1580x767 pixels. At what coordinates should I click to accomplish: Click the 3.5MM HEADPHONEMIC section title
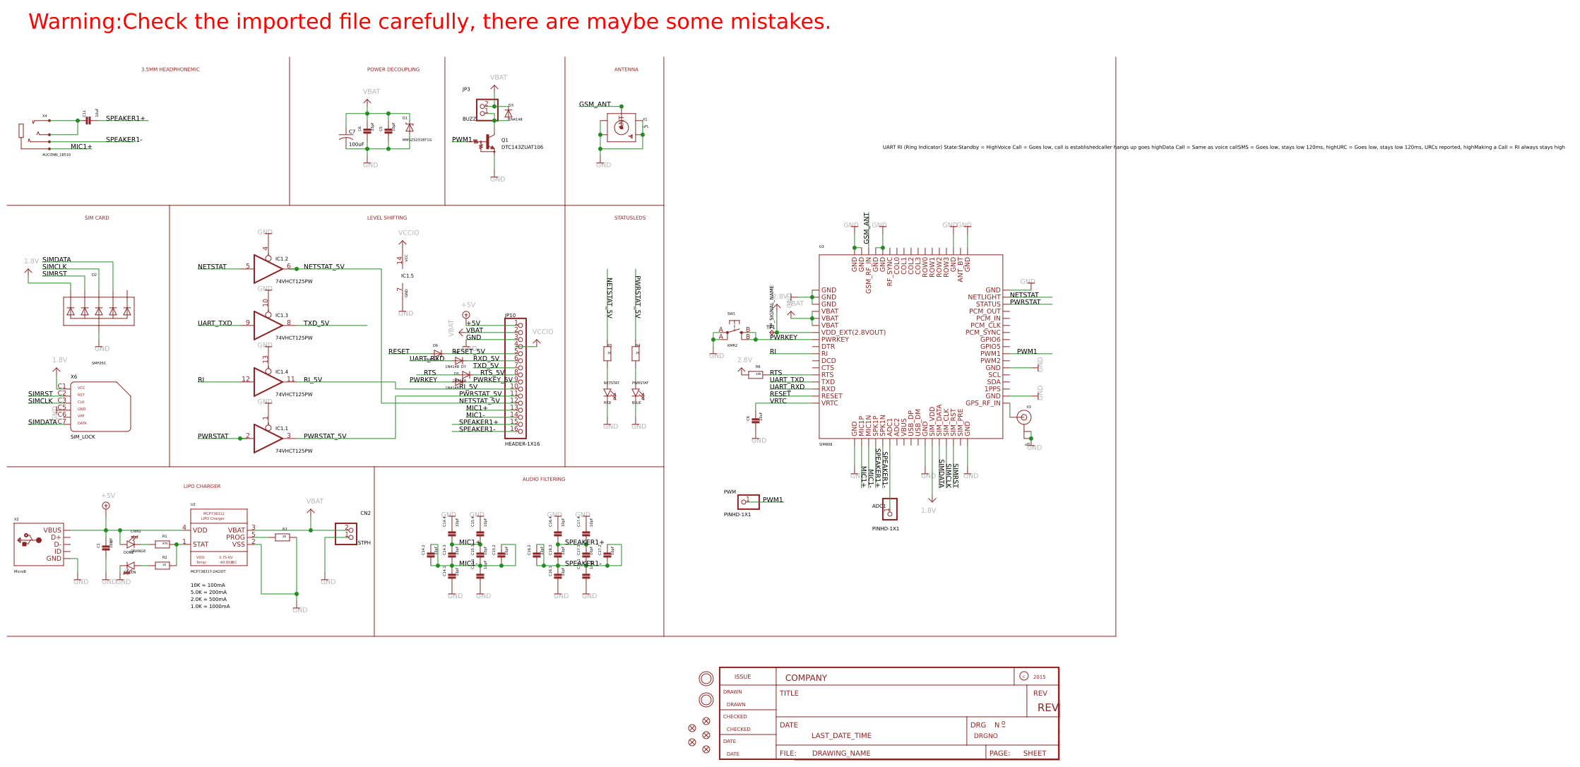(170, 70)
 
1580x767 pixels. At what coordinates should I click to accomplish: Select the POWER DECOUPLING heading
(393, 70)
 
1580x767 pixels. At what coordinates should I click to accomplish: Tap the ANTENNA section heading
(626, 70)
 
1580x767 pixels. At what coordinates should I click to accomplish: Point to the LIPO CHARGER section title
(202, 487)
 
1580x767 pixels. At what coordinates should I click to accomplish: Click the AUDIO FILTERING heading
(543, 480)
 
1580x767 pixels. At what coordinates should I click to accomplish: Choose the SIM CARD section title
(97, 218)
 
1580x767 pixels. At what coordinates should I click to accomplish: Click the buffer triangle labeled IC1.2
(267, 269)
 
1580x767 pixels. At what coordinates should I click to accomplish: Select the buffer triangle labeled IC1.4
(267, 382)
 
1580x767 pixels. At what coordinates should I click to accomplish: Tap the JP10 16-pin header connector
(515, 378)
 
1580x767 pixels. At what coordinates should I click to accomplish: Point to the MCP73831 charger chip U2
(219, 537)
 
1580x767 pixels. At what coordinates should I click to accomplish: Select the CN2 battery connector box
(345, 533)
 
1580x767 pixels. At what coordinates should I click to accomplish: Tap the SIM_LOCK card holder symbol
(100, 407)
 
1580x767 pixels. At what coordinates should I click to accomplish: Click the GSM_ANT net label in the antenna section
(595, 105)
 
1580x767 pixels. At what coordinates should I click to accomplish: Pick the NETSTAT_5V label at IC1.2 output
(323, 267)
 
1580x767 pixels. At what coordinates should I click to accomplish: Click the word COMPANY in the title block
(806, 678)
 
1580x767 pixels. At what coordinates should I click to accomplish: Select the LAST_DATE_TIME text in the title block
(841, 736)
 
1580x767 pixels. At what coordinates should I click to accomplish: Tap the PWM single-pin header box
(748, 502)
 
